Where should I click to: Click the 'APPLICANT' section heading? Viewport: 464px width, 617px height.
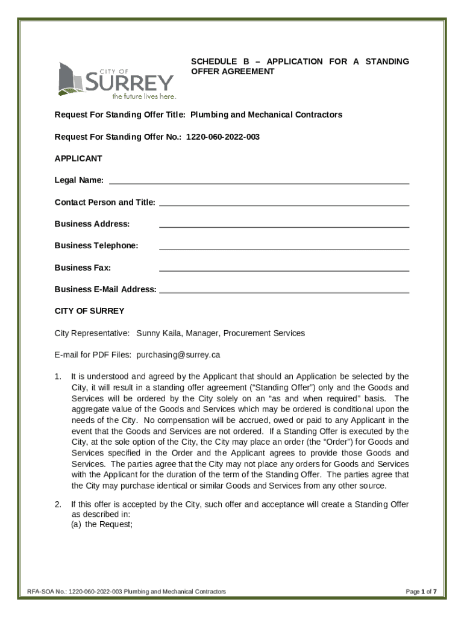(78, 158)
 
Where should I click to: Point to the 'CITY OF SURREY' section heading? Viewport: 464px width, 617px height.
(89, 311)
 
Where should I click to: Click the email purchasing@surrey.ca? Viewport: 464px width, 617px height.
(178, 355)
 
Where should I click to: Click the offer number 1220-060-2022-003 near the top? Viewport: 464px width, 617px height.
(222, 137)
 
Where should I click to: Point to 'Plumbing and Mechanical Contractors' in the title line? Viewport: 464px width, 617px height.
(266, 114)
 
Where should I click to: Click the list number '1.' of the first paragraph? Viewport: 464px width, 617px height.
(58, 377)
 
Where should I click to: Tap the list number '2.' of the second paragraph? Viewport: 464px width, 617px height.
(58, 504)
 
